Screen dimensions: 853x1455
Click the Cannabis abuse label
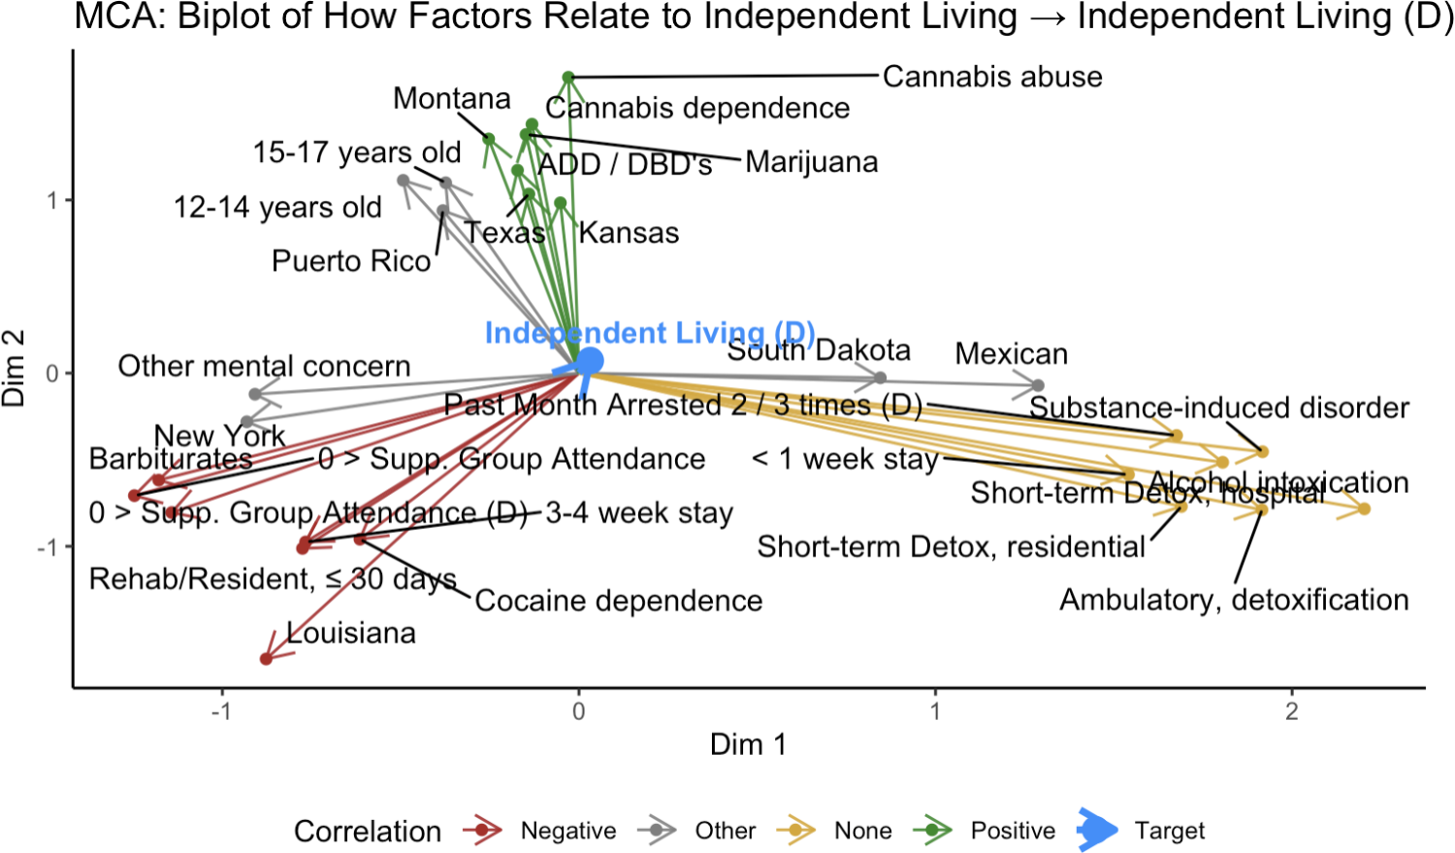point(991,77)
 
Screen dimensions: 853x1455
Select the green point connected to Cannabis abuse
point(568,78)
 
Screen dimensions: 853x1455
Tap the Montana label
point(451,99)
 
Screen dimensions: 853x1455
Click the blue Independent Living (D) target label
point(649,333)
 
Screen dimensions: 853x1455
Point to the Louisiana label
point(351,634)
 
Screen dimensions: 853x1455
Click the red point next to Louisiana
point(266,660)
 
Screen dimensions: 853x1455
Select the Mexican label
point(1011,354)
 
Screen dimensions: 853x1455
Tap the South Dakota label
point(819,350)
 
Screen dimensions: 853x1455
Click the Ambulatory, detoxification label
point(1234,600)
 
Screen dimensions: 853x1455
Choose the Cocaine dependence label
point(618,601)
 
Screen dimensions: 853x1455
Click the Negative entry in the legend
point(567,831)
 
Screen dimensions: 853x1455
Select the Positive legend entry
point(1013,831)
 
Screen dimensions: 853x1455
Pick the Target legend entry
point(1169,831)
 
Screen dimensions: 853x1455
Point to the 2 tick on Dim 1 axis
point(1291,711)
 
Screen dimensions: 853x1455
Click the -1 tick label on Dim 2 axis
point(48,547)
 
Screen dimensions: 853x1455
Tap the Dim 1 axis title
point(747,744)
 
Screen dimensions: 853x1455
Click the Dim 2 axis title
point(14,369)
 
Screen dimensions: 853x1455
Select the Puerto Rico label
point(351,261)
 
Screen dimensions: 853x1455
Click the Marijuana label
point(812,162)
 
